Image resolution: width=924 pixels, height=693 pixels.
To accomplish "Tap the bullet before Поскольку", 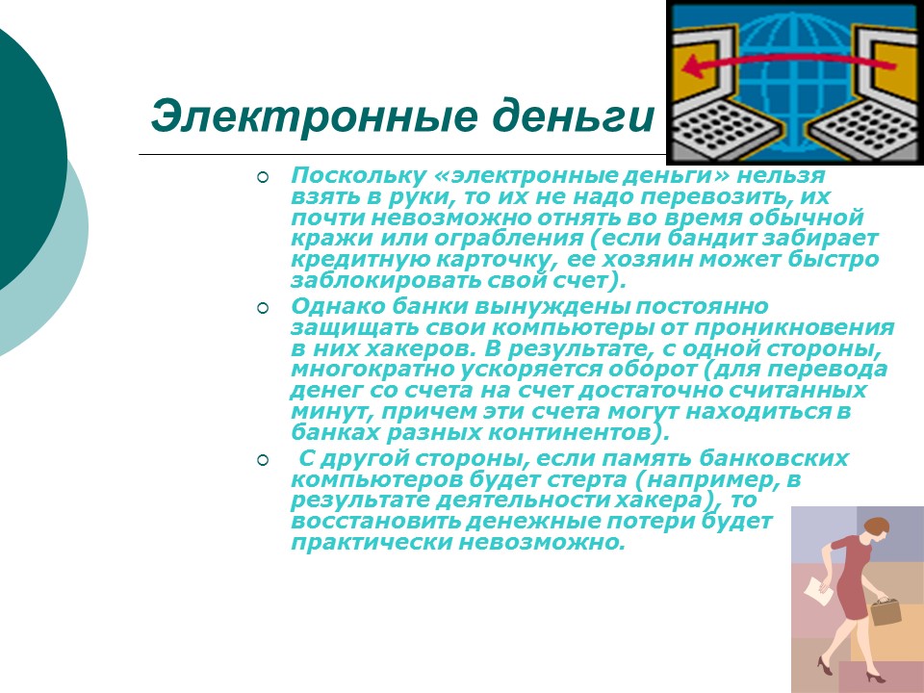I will pos(262,177).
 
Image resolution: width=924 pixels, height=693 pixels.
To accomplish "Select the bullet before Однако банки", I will pos(262,308).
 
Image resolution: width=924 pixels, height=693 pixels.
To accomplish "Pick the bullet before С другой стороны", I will pos(262,460).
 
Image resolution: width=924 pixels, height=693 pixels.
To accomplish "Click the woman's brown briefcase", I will pos(886,611).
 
